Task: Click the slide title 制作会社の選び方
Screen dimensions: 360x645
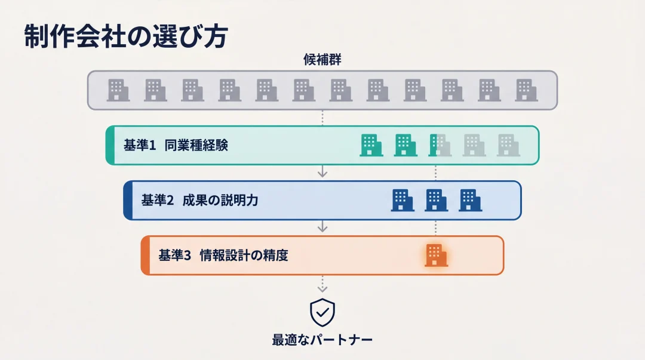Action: (x=126, y=37)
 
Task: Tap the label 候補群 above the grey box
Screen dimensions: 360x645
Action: (x=322, y=60)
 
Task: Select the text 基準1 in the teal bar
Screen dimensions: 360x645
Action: (x=140, y=145)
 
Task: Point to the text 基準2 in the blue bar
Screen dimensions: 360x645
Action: (x=157, y=201)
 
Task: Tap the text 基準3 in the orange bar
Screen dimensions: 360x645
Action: (x=174, y=256)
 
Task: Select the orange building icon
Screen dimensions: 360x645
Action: (x=436, y=255)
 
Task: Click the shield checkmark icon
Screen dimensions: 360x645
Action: (x=322, y=312)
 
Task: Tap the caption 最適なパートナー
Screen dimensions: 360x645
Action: (x=322, y=340)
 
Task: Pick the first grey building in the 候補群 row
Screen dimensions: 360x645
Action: (x=118, y=90)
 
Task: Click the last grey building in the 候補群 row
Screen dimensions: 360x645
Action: (x=527, y=90)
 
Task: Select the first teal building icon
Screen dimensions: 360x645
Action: (x=371, y=145)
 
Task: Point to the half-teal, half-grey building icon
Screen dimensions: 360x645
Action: (x=440, y=145)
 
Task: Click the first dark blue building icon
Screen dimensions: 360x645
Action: (x=402, y=200)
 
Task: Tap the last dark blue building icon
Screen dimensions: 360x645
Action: (x=471, y=200)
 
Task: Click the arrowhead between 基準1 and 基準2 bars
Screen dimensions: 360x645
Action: (x=322, y=173)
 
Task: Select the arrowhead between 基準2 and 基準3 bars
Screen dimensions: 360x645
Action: (x=322, y=227)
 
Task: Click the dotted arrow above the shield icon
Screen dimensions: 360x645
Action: (x=322, y=284)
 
